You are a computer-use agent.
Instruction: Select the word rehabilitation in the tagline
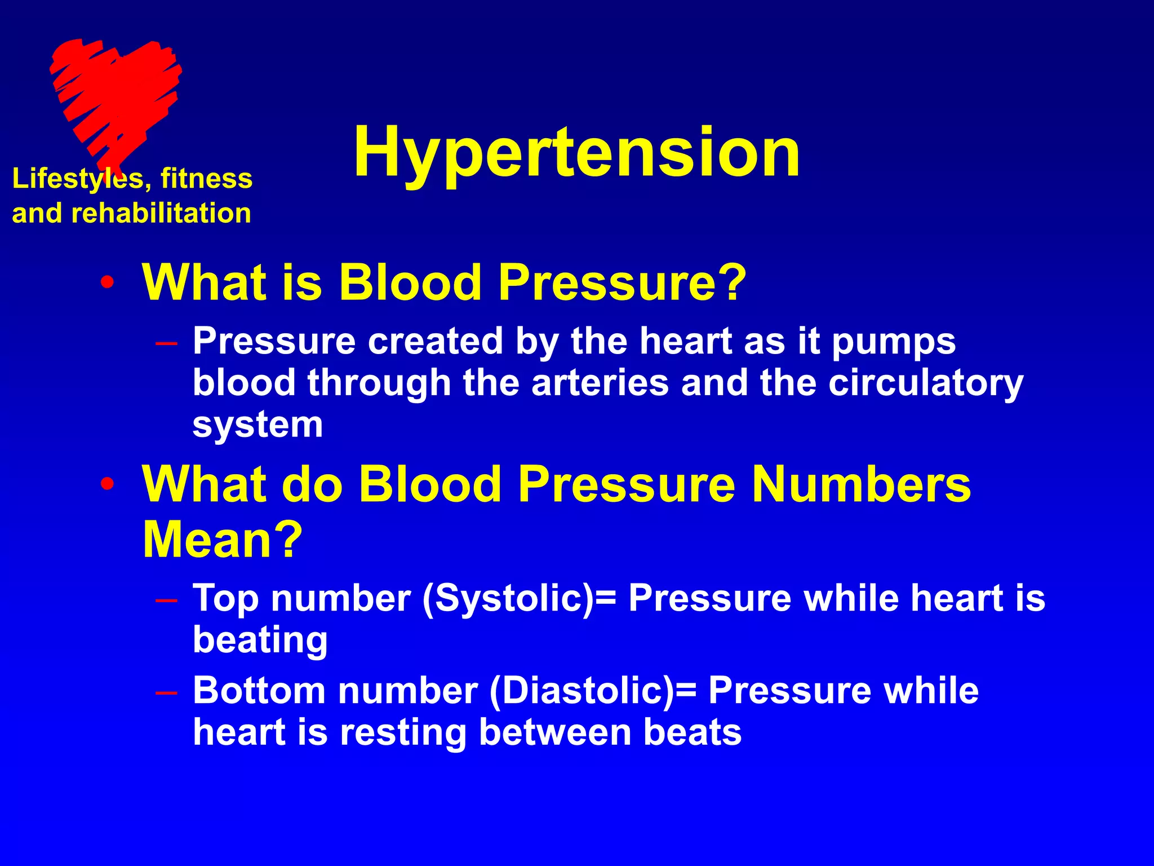pos(161,214)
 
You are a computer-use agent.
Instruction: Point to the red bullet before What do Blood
pos(107,484)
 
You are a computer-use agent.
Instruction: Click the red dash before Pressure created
pos(167,343)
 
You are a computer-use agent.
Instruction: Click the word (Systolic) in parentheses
pos(508,599)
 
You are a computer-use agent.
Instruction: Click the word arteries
pos(600,383)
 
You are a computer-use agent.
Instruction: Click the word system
pos(258,426)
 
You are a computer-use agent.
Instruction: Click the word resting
pos(403,733)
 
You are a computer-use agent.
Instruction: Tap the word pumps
pos(893,343)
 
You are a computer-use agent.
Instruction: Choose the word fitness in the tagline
pos(206,179)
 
